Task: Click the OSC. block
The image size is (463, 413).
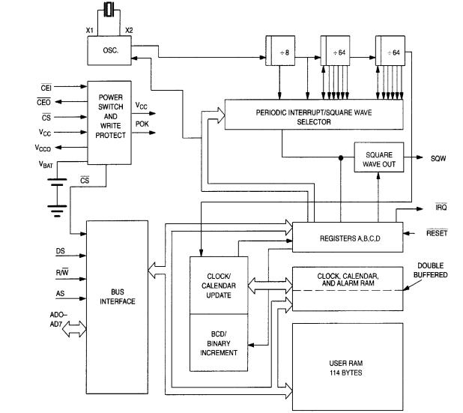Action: pyautogui.click(x=109, y=50)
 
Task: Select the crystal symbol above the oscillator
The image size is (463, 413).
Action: pyautogui.click(x=109, y=10)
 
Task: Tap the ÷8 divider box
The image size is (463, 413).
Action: pyautogui.click(x=280, y=50)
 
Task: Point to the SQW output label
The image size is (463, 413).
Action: pyautogui.click(x=438, y=158)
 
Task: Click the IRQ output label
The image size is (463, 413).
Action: pyautogui.click(x=441, y=207)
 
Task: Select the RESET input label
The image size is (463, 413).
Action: pyautogui.click(x=437, y=233)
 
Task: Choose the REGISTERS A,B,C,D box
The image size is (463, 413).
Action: pyautogui.click(x=348, y=237)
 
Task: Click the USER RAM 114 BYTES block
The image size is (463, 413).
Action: pyautogui.click(x=348, y=367)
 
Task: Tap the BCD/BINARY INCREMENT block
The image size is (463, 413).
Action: pyautogui.click(x=219, y=343)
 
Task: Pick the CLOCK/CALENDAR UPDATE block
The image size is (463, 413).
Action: pyautogui.click(x=219, y=286)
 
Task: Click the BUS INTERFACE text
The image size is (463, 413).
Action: pyautogui.click(x=118, y=297)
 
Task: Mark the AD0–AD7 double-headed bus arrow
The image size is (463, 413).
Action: pyautogui.click(x=74, y=328)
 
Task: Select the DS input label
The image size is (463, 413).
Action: pyautogui.click(x=60, y=251)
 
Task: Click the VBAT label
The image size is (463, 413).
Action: pyautogui.click(x=46, y=164)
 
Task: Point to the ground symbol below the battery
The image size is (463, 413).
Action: pyautogui.click(x=57, y=211)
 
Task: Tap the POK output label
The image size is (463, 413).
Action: pyautogui.click(x=142, y=124)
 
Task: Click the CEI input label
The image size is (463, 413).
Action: pyautogui.click(x=46, y=88)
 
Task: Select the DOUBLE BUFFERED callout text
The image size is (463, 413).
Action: pyautogui.click(x=431, y=270)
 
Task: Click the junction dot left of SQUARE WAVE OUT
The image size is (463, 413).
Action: pyautogui.click(x=341, y=157)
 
